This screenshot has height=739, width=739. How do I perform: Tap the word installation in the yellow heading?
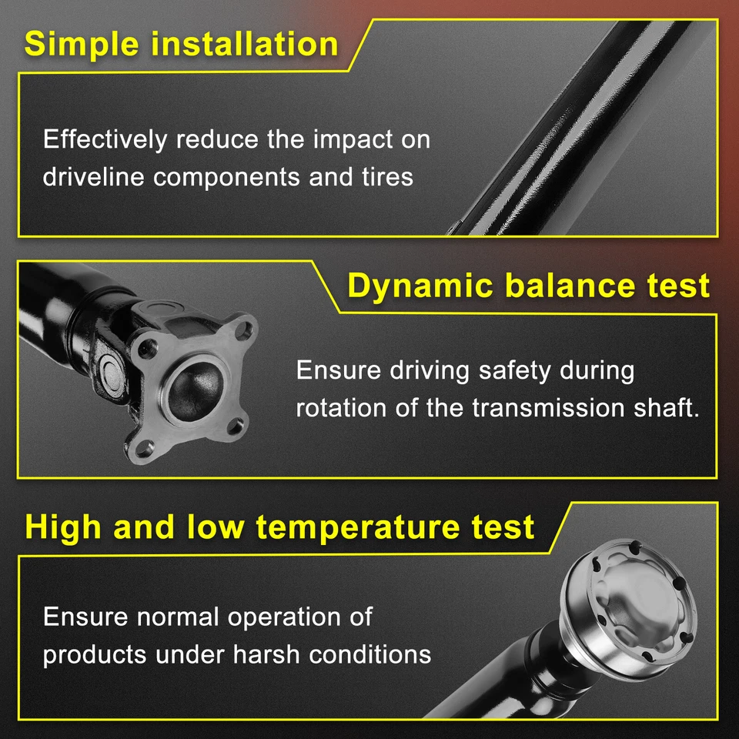(x=244, y=44)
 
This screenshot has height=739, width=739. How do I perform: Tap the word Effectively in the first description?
(x=105, y=140)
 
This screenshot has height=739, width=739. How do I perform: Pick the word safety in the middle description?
(x=515, y=370)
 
